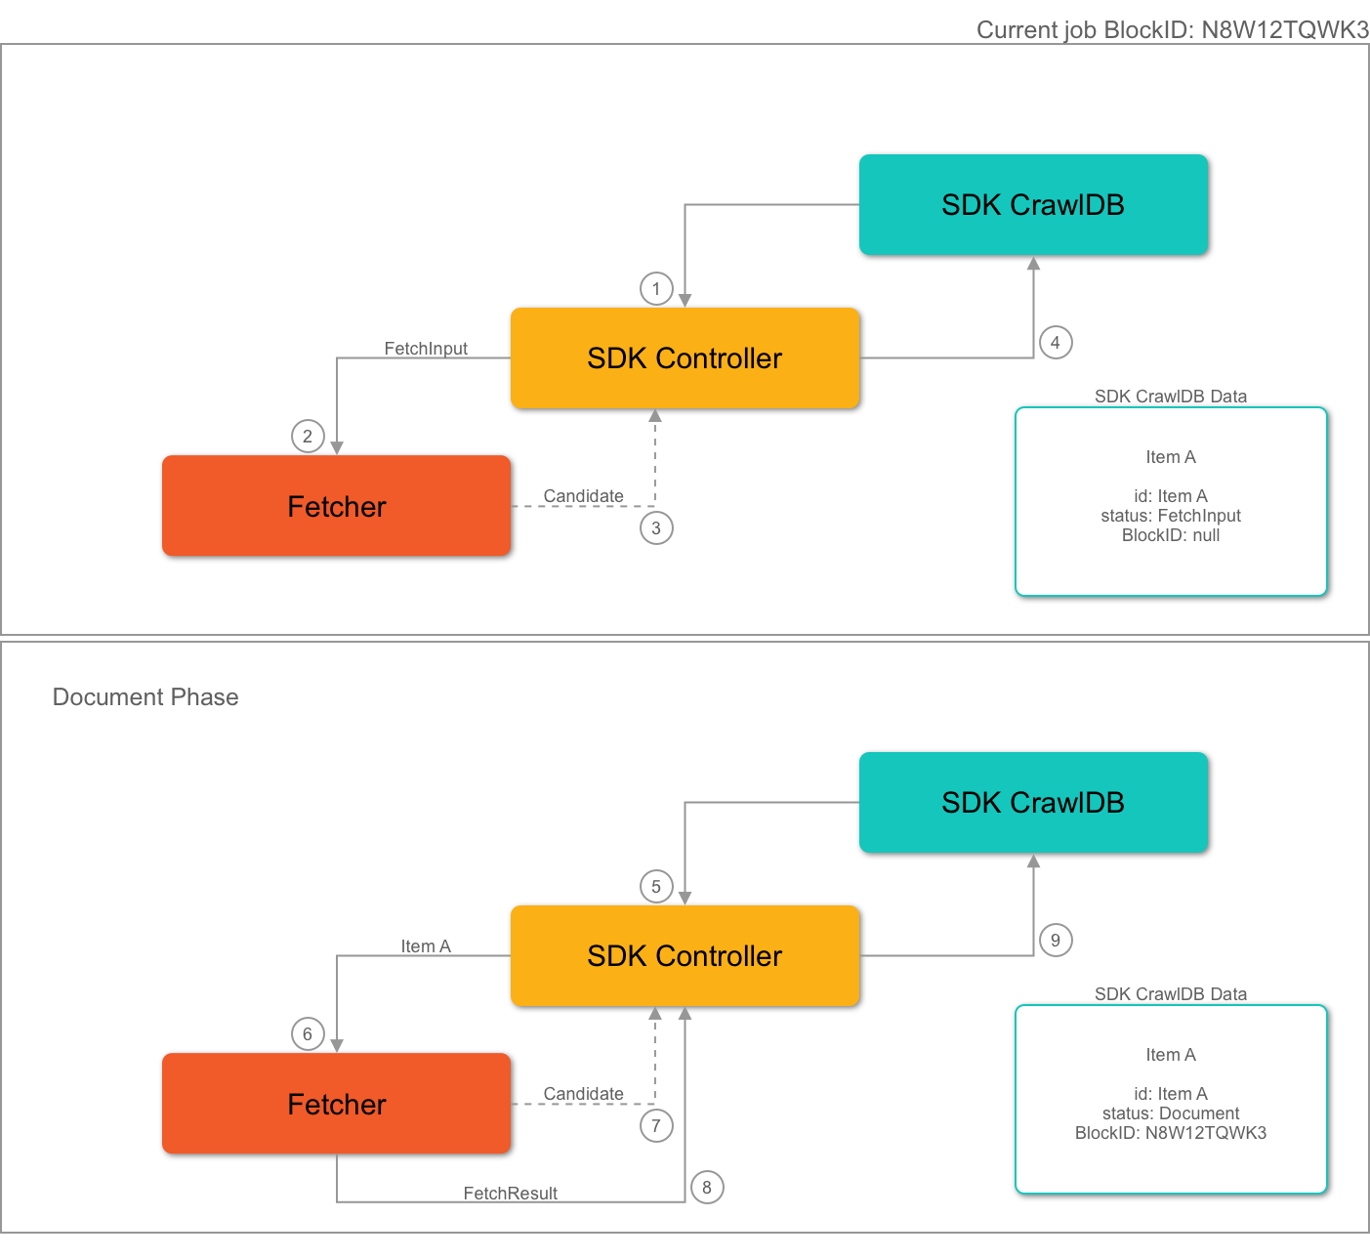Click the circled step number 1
[656, 288]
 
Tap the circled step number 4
[1055, 343]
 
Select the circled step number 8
[707, 1188]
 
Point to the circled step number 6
[308, 1034]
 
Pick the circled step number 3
[656, 528]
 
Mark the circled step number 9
[1055, 941]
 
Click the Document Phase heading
[145, 697]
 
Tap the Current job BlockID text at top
[1172, 30]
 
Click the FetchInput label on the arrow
[425, 349]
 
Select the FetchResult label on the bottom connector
[510, 1194]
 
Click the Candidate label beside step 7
[583, 1094]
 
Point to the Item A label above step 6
[426, 946]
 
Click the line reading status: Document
[1171, 1113]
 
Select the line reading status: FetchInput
[1171, 516]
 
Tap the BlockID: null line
[1171, 535]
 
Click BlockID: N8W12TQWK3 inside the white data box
[1171, 1133]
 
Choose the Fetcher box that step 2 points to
[336, 506]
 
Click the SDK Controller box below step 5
[685, 956]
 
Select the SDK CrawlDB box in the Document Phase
[1033, 803]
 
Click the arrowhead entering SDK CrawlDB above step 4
[1033, 264]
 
